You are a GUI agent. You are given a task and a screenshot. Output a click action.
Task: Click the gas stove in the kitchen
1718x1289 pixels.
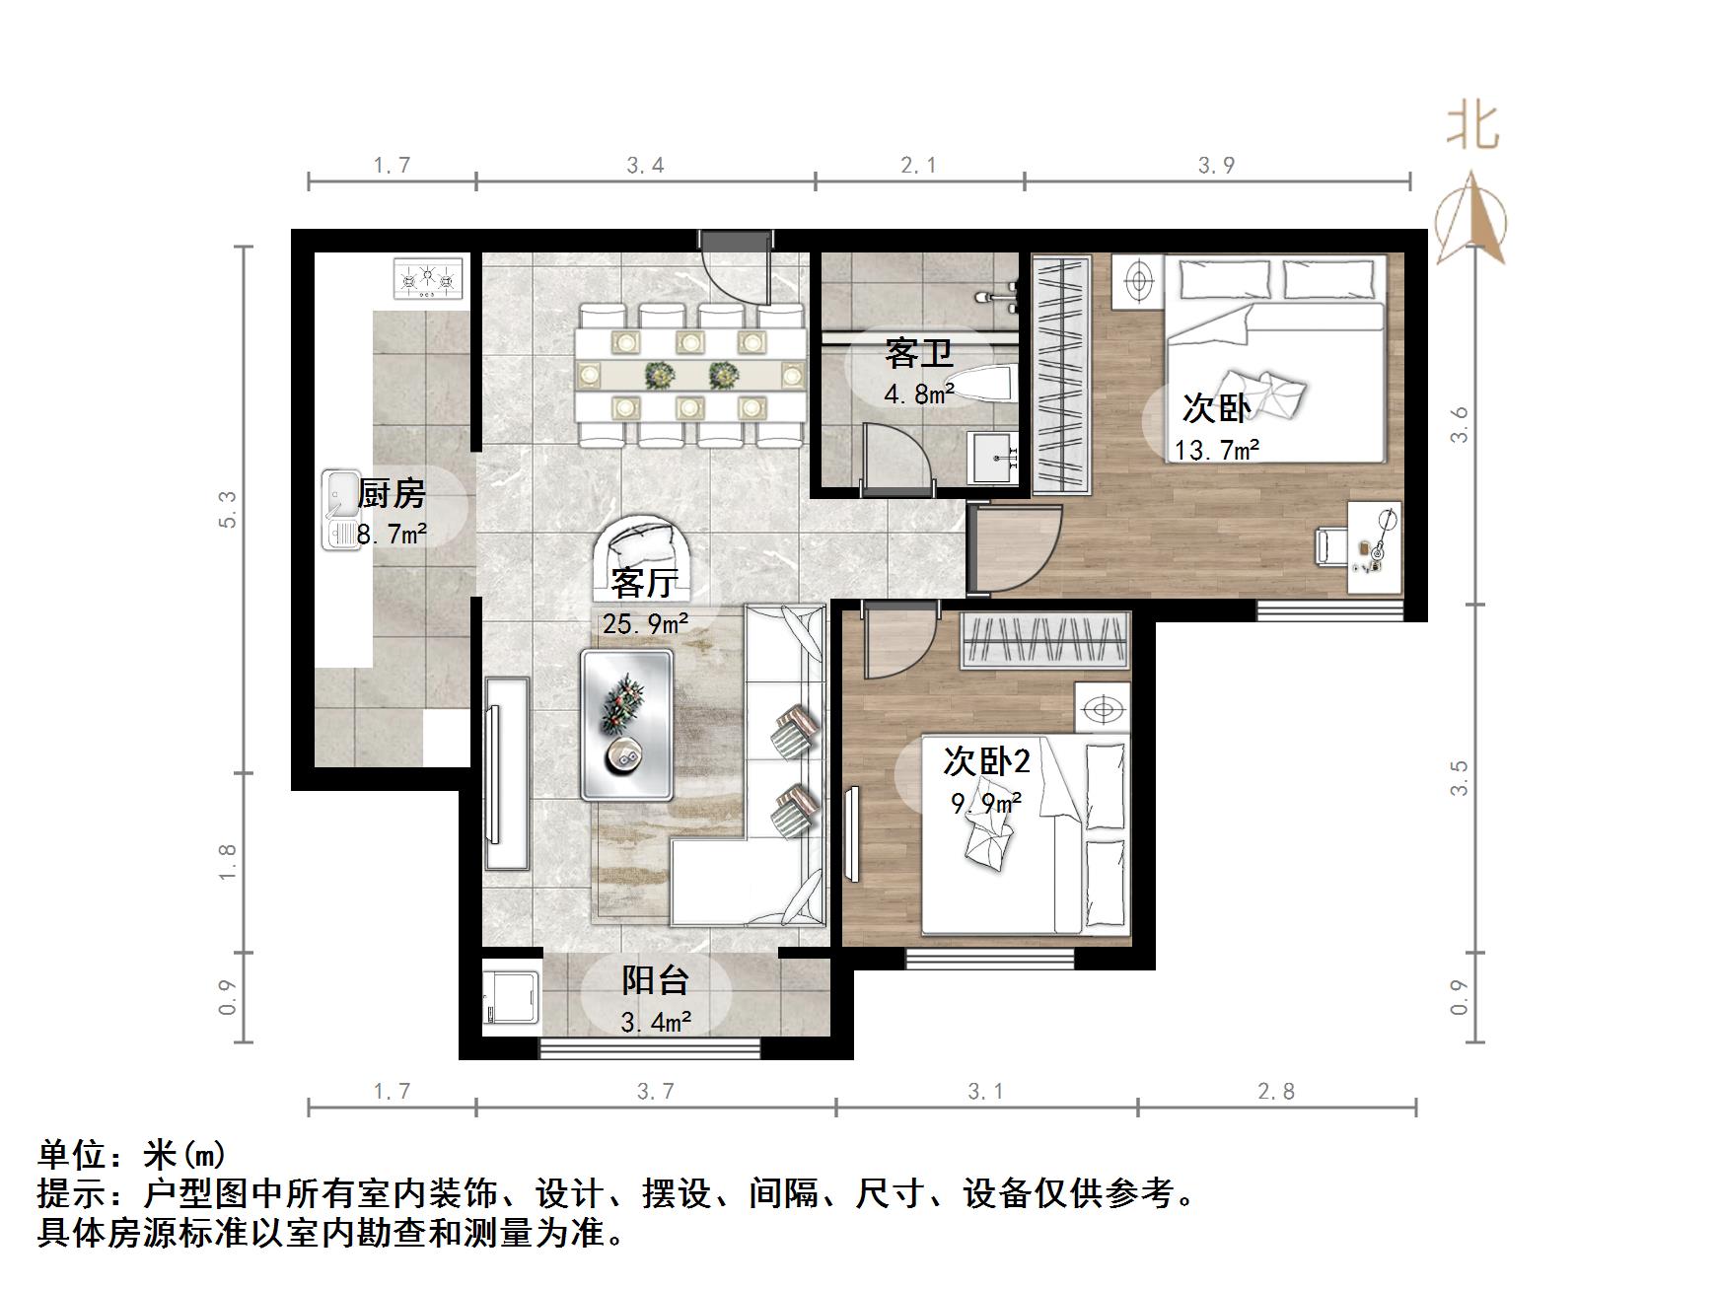click(428, 278)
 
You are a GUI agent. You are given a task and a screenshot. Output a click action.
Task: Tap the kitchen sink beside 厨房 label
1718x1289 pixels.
click(341, 508)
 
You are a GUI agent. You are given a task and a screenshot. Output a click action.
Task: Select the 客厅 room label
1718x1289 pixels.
click(644, 583)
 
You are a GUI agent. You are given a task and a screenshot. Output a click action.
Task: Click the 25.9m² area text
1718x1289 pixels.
click(645, 623)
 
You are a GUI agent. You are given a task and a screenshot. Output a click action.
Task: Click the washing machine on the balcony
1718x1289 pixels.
click(510, 1001)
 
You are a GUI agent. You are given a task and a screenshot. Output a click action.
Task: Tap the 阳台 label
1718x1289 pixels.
click(655, 980)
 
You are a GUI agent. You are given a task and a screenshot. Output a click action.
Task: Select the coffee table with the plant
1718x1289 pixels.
click(626, 723)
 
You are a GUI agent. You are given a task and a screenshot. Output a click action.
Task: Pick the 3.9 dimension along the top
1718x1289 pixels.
click(1216, 166)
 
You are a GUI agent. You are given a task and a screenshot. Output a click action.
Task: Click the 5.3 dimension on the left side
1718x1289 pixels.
click(229, 510)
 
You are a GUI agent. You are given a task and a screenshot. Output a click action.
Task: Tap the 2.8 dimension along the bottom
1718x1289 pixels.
click(1275, 1092)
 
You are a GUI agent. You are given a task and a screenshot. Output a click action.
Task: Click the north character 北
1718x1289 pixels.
click(1472, 128)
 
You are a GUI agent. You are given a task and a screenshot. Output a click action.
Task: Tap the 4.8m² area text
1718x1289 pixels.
click(918, 394)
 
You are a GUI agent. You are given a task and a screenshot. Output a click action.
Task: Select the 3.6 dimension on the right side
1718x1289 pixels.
click(1460, 425)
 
